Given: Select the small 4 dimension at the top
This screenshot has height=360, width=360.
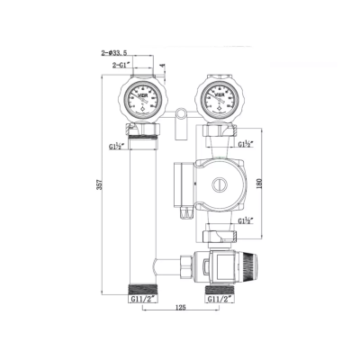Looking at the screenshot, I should tap(161, 65).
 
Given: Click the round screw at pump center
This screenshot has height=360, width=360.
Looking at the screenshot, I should tap(216, 184).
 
